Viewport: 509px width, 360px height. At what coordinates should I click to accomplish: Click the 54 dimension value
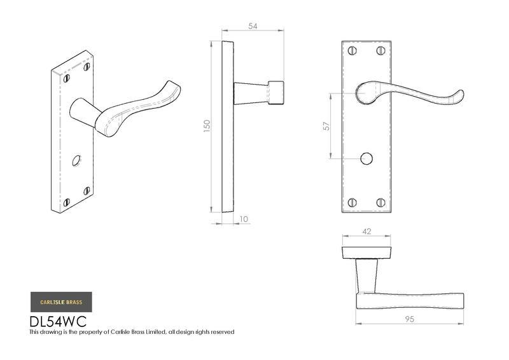tap(253, 26)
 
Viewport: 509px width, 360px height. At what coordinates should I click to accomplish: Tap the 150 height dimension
tap(207, 126)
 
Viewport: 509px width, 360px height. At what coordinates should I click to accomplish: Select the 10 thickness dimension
tap(244, 219)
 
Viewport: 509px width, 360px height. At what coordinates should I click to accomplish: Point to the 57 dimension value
tap(326, 126)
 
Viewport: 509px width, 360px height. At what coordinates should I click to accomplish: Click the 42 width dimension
tap(366, 232)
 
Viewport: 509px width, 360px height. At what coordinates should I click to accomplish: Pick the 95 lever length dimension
tap(409, 319)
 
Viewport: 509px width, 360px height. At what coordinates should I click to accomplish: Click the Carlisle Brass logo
tap(61, 302)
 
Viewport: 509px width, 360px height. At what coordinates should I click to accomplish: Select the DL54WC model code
tap(59, 321)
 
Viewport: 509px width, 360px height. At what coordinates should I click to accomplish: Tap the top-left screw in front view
tap(352, 51)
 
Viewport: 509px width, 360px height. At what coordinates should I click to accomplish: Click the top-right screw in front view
tap(380, 51)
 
